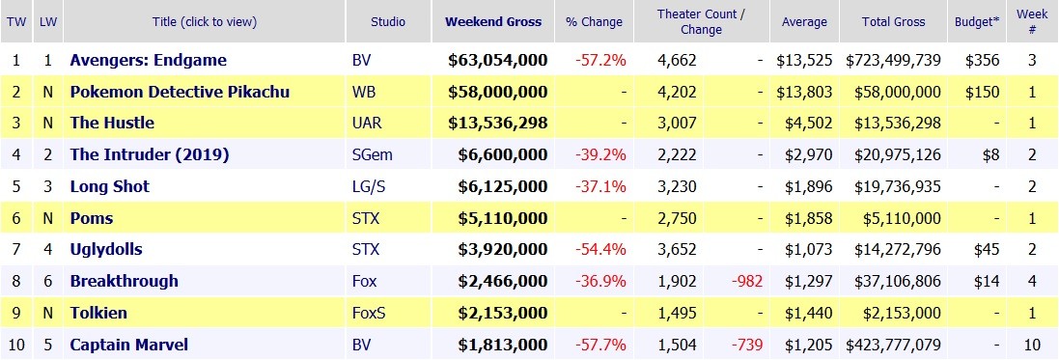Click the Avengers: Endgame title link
pos(148,60)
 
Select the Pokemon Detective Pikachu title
pos(180,91)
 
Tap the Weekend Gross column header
pos(493,21)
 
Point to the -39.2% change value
pos(601,154)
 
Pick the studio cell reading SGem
pos(372,154)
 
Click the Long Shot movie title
pos(109,186)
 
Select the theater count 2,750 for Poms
pos(677,218)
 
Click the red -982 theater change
pos(747,281)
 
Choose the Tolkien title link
pos(98,313)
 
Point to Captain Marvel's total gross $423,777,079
pos(893,345)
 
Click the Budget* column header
pos(977,21)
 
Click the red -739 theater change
pos(747,345)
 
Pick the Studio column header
pos(388,21)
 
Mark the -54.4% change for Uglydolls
pos(601,249)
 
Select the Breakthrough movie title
pos(125,281)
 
